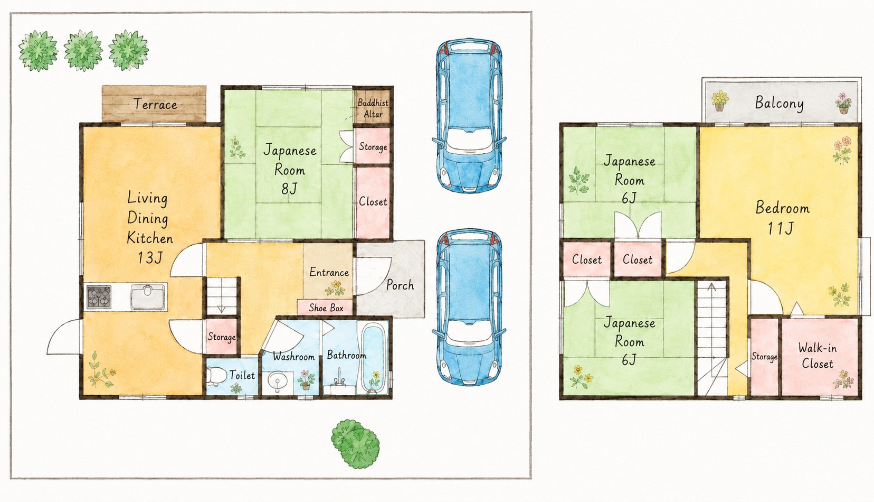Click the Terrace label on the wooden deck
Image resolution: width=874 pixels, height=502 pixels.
click(155, 104)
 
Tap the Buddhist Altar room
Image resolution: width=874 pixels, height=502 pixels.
click(373, 107)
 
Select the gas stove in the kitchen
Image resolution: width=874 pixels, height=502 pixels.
click(99, 297)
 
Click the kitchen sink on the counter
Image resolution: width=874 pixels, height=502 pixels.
click(147, 297)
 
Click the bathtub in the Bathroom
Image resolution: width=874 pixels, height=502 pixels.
click(374, 358)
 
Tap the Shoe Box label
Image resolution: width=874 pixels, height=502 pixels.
click(326, 308)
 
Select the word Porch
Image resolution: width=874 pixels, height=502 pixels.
click(400, 285)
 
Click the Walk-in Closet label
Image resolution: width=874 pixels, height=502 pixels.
click(817, 356)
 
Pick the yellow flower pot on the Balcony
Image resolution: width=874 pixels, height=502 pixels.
click(720, 100)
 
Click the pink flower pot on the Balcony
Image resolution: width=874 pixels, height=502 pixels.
click(843, 103)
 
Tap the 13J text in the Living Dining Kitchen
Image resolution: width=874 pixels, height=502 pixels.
click(150, 257)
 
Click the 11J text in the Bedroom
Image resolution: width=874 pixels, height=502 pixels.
click(781, 228)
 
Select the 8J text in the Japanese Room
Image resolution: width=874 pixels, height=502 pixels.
click(289, 189)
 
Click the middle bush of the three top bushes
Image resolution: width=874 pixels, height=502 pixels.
click(83, 50)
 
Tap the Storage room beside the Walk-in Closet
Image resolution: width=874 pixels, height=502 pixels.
click(764, 356)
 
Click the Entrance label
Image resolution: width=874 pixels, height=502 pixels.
click(329, 272)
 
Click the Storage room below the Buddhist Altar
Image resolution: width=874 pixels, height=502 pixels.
click(373, 146)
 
